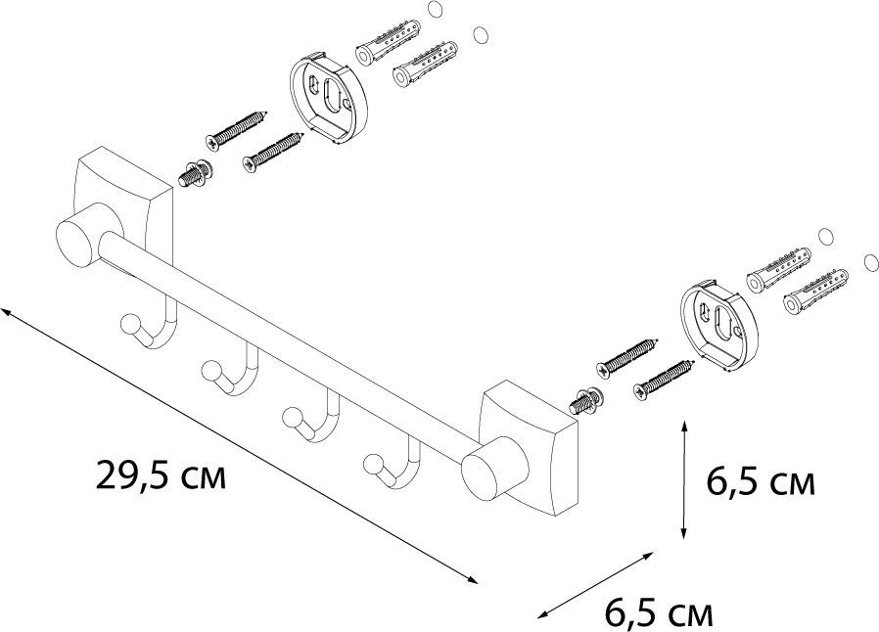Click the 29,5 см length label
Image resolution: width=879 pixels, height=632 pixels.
[x=161, y=476]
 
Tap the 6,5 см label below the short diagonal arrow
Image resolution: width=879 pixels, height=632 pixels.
[x=659, y=613]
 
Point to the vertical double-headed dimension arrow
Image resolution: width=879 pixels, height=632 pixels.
[x=683, y=478]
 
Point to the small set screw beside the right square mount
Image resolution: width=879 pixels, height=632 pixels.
[x=586, y=401]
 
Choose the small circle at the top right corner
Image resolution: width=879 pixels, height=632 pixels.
[x=479, y=36]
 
